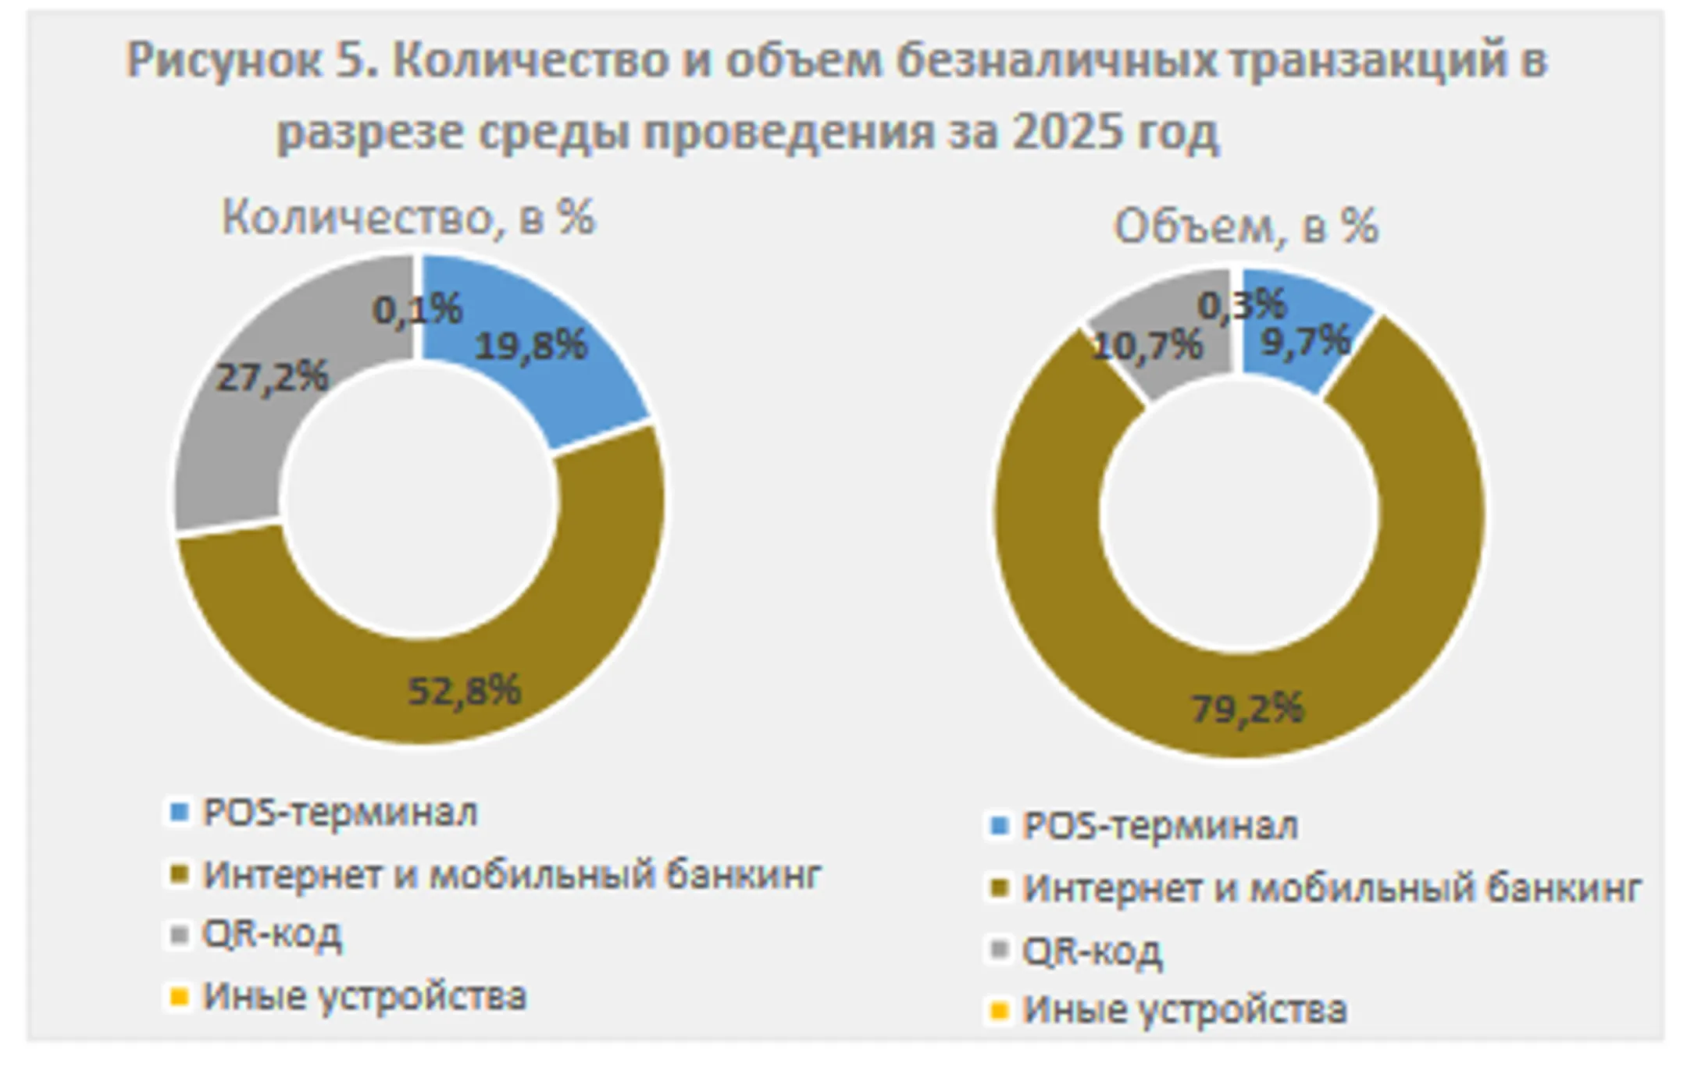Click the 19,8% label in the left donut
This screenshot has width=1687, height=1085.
[x=531, y=345]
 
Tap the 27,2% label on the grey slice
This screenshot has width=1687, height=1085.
[x=272, y=378]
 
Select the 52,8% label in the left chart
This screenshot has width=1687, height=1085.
[x=464, y=691]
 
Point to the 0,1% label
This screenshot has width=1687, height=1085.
[x=418, y=309]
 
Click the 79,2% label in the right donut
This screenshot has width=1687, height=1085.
[x=1247, y=709]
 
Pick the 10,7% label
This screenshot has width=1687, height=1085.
[x=1147, y=346]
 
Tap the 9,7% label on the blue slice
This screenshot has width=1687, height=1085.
[x=1306, y=341]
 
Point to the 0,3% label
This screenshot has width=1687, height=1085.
[x=1242, y=304]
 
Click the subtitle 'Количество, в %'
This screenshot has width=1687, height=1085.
[x=408, y=217]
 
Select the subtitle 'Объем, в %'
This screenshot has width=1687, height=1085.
[x=1246, y=227]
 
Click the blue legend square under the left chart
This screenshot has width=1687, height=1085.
[x=180, y=813]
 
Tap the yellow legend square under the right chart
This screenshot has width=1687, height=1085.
[x=1000, y=1011]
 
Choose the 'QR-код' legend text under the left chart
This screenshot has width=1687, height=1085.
[x=272, y=934]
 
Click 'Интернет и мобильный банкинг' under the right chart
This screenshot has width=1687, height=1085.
[x=1332, y=888]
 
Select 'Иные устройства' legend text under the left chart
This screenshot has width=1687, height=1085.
[x=365, y=996]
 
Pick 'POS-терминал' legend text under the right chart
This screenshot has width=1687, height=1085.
[x=1161, y=826]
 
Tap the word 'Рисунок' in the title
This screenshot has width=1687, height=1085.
[x=224, y=61]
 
